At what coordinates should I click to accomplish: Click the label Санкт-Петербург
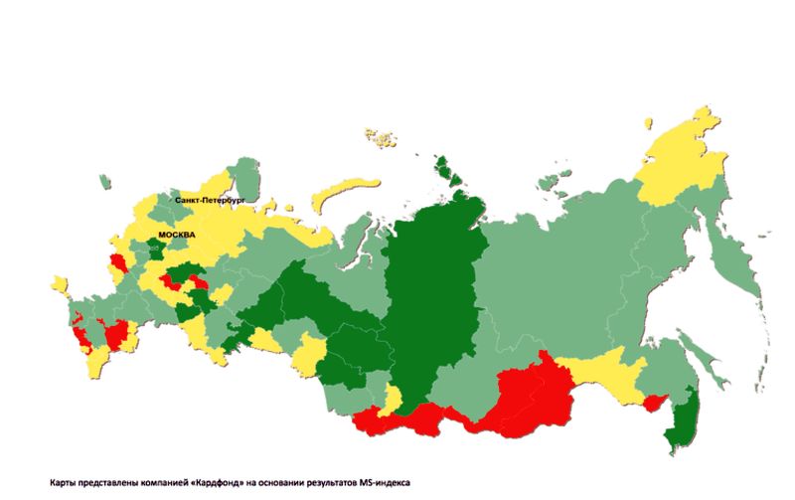[x=209, y=200]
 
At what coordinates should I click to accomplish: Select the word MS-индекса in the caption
[x=385, y=482]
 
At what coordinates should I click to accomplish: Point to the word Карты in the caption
[x=64, y=482]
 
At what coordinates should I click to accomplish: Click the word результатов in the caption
[x=332, y=482]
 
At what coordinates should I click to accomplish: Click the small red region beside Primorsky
[x=654, y=403]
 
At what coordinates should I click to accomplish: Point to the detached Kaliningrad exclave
[x=104, y=182]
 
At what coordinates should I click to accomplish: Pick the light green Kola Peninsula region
[x=246, y=176]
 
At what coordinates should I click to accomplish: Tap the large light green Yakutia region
[x=556, y=268]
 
